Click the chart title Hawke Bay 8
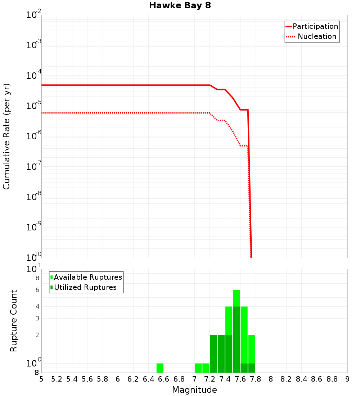pos(180,6)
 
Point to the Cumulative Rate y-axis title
pos(6,136)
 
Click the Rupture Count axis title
pos(14,321)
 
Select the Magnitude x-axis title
pos(194,390)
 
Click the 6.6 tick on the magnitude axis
pos(163,379)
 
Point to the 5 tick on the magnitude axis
pos(41,379)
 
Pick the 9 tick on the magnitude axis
pos(347,379)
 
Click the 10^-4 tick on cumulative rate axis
pos(33,76)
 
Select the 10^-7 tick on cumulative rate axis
pos(33,167)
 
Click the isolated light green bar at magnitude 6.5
pos(160,368)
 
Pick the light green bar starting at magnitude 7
pos(198,368)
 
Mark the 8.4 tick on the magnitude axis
pos(301,379)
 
